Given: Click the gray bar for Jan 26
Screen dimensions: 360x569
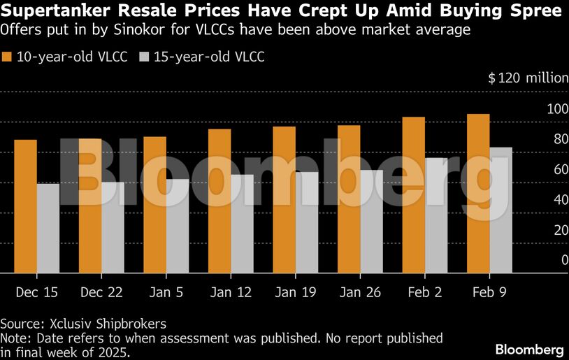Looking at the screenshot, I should coord(371,222).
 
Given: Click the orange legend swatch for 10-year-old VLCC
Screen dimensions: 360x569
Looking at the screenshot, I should coord(8,57).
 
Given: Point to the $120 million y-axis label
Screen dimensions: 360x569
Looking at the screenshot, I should coord(528,78).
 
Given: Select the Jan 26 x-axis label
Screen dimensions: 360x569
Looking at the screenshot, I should coord(359,291).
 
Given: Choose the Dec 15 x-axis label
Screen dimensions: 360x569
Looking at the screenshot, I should coord(36,291).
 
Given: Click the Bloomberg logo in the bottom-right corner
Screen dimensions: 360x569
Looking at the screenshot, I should coord(529,349).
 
